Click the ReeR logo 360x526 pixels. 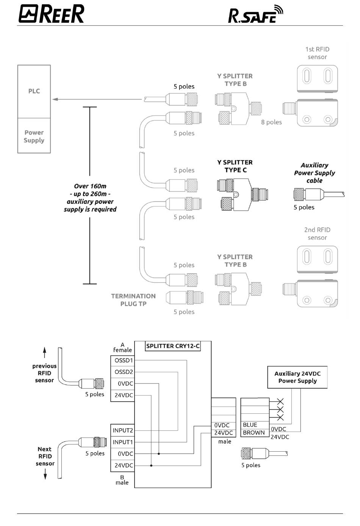51,14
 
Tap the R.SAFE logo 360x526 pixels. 255,14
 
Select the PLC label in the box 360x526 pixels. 34,91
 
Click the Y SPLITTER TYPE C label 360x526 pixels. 235,166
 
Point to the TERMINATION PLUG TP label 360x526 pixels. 133,300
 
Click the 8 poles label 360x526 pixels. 272,122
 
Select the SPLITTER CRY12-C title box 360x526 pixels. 173,346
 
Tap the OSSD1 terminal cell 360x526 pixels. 122,360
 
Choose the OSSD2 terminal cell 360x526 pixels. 122,372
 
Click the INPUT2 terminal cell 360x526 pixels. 122,430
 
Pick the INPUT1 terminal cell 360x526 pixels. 122,442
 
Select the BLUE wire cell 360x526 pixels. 255,425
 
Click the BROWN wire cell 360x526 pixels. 255,433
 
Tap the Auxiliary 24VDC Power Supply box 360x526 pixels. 297,377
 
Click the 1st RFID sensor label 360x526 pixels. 317,53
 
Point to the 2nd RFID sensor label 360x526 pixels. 317,234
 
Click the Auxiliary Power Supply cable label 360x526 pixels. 315,173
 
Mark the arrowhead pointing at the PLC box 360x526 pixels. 55,99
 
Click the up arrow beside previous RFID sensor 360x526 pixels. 45,353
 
